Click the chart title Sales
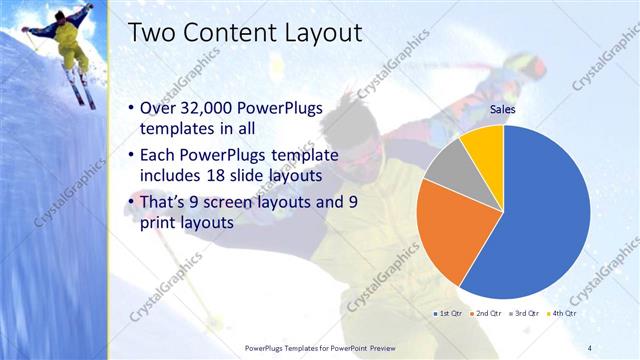click(502, 111)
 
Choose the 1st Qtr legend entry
click(447, 314)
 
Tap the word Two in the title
click(152, 33)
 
